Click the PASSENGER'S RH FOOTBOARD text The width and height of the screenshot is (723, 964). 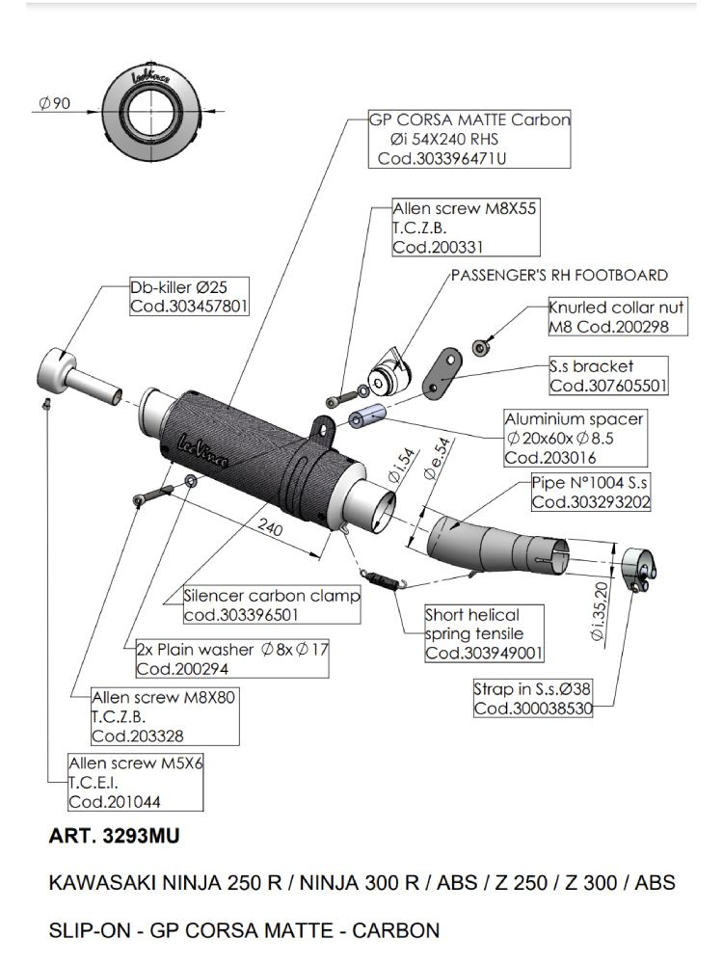559,276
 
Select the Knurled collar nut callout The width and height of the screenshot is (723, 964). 618,317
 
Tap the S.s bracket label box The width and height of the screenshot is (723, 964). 607,377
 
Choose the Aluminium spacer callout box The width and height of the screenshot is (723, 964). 575,439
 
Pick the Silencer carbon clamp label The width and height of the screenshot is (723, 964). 272,605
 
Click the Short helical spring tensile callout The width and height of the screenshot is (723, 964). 484,634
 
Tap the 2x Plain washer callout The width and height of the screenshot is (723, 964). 232,658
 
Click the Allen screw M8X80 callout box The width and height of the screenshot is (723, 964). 164,716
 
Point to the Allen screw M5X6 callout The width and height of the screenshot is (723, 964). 135,782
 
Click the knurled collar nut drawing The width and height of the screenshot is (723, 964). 480,345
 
